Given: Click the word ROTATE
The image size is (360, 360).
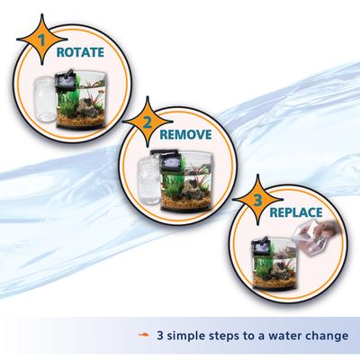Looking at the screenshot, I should click(x=85, y=51).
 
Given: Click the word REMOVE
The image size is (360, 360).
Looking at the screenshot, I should click(x=184, y=134).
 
